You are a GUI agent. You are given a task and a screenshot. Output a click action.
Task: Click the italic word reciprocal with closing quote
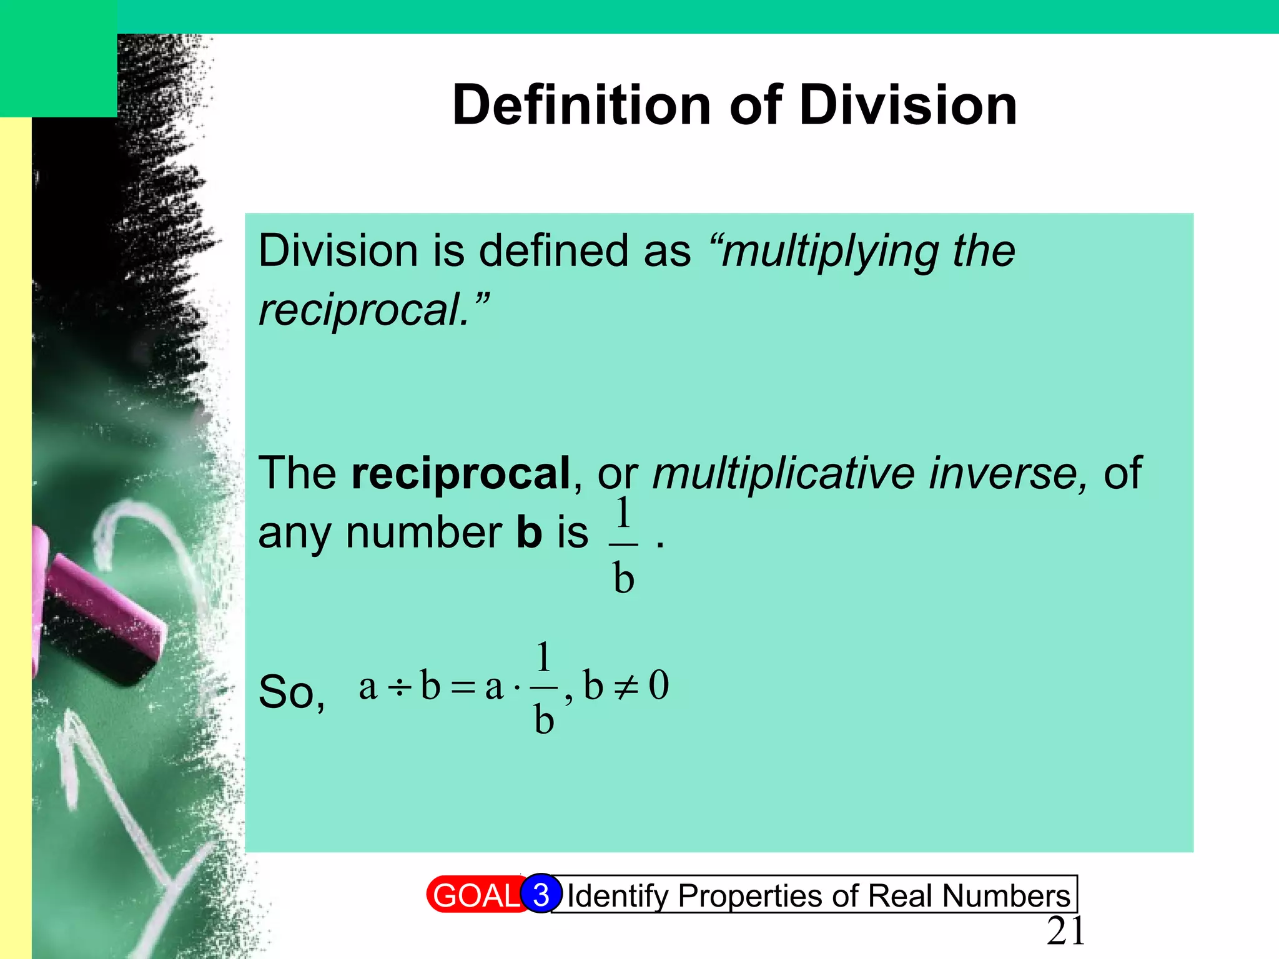point(373,310)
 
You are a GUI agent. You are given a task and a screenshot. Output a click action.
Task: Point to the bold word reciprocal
point(461,473)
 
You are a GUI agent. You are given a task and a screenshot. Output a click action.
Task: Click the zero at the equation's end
point(659,685)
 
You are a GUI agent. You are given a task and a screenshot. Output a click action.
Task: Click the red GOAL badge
point(475,895)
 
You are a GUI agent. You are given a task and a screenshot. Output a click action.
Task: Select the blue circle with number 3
point(541,894)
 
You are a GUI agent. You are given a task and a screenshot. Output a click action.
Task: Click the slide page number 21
point(1065,932)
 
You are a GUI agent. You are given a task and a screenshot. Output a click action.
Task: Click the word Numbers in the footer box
point(1006,896)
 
